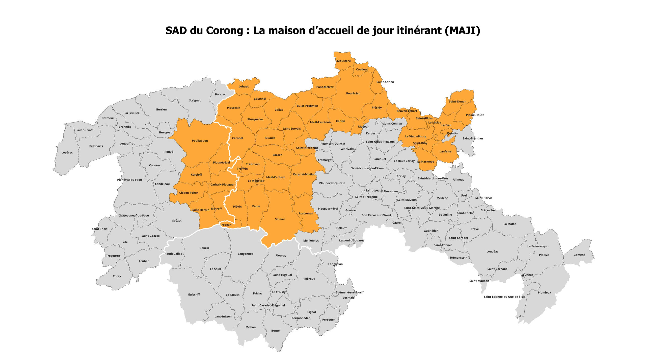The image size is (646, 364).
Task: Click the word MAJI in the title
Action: (462, 30)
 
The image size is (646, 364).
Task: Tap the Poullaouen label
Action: (200, 141)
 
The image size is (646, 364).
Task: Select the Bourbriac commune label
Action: (353, 94)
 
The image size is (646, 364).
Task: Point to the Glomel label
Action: (280, 219)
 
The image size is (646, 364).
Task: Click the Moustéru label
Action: (344, 61)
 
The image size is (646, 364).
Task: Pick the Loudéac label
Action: (492, 252)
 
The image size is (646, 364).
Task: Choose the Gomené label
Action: (579, 255)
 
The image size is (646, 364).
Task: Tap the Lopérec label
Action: (67, 153)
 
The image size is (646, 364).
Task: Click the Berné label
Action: (275, 331)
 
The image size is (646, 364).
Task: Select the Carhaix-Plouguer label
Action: (223, 185)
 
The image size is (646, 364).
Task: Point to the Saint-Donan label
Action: (457, 102)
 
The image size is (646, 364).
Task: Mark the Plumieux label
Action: (544, 293)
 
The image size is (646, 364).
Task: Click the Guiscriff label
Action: (194, 294)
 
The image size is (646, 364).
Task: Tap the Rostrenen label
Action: (306, 214)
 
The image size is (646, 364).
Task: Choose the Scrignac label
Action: (195, 101)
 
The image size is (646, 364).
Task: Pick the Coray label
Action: (117, 276)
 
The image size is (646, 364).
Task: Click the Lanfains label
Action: (446, 152)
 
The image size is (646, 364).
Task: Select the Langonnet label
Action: (245, 254)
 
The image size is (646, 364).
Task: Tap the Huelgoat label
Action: (165, 132)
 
